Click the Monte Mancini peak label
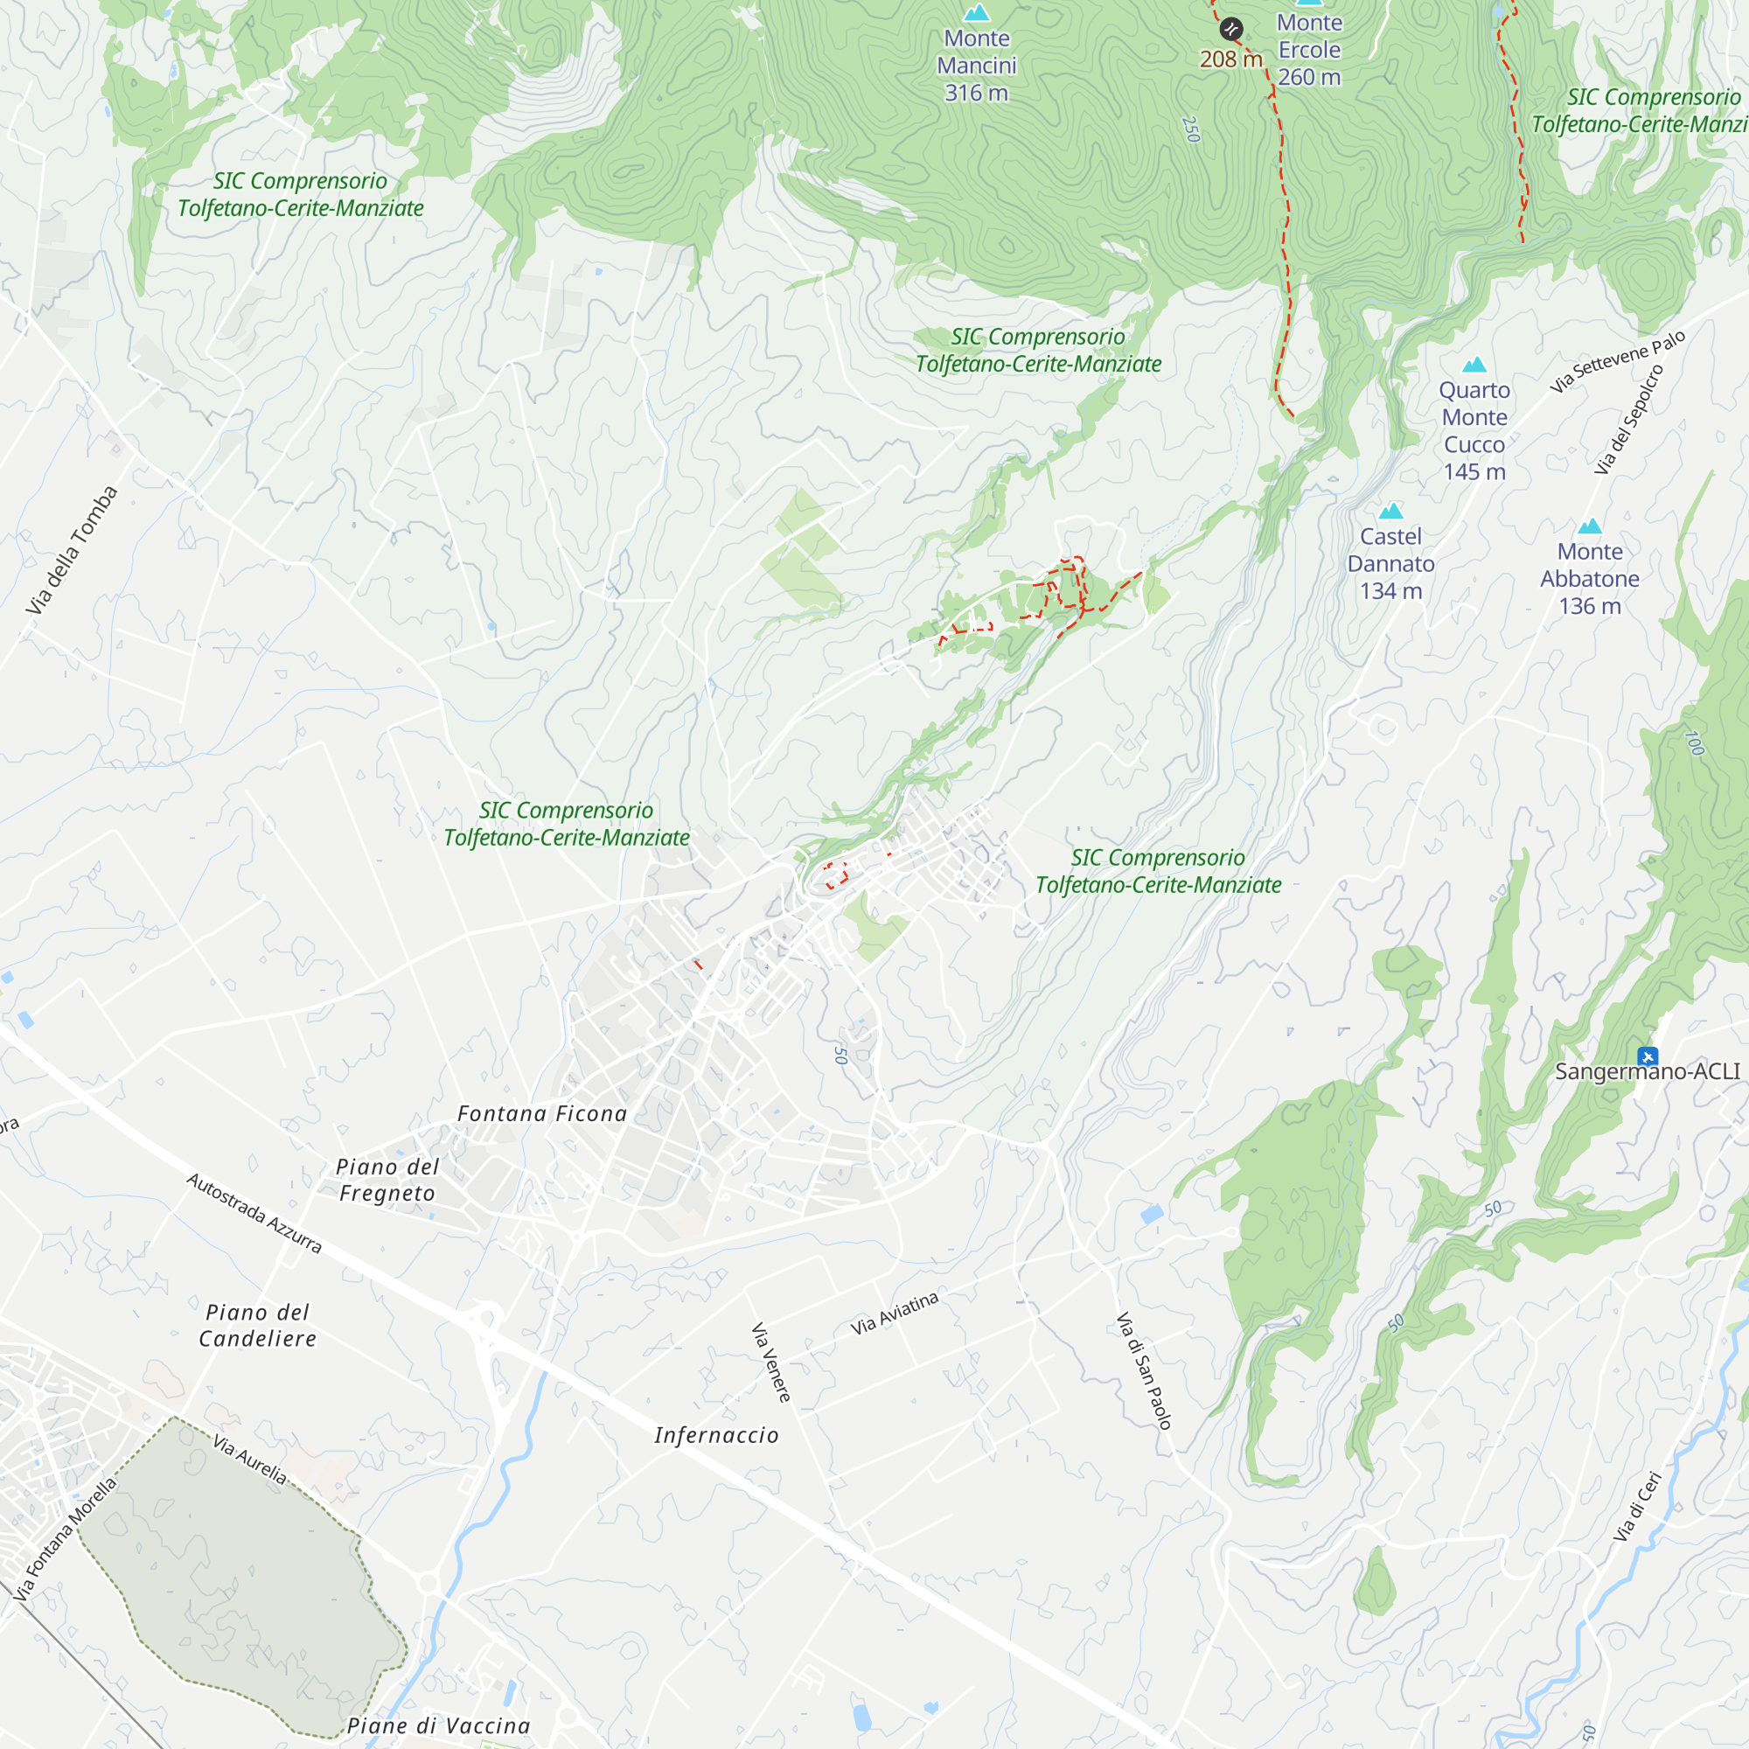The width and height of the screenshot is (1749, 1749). (x=976, y=66)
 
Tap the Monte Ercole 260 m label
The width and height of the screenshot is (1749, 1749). (x=1309, y=50)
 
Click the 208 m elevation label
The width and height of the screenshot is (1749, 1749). (x=1230, y=59)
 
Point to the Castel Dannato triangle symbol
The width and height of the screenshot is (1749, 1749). (x=1390, y=512)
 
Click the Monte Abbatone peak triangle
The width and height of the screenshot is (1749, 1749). (x=1590, y=526)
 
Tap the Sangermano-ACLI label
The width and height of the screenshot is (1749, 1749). (x=1647, y=1072)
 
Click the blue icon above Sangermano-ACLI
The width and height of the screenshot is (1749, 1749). (x=1648, y=1056)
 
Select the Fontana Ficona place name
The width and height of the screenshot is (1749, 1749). (x=542, y=1113)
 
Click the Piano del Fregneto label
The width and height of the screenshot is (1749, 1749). (x=387, y=1180)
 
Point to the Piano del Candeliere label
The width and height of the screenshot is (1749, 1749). (x=258, y=1326)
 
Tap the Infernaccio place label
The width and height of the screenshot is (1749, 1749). (x=716, y=1435)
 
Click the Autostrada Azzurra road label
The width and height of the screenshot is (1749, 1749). (x=254, y=1213)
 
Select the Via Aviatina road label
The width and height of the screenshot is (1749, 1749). (x=895, y=1313)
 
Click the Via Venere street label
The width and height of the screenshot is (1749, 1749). (x=771, y=1362)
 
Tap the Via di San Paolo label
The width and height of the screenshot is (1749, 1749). (x=1144, y=1370)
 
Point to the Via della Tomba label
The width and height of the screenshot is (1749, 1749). (x=73, y=550)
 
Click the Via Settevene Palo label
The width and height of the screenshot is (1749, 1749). (x=1618, y=361)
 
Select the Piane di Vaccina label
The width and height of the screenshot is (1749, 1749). (x=439, y=1725)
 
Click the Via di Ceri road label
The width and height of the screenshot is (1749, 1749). (x=1639, y=1508)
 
